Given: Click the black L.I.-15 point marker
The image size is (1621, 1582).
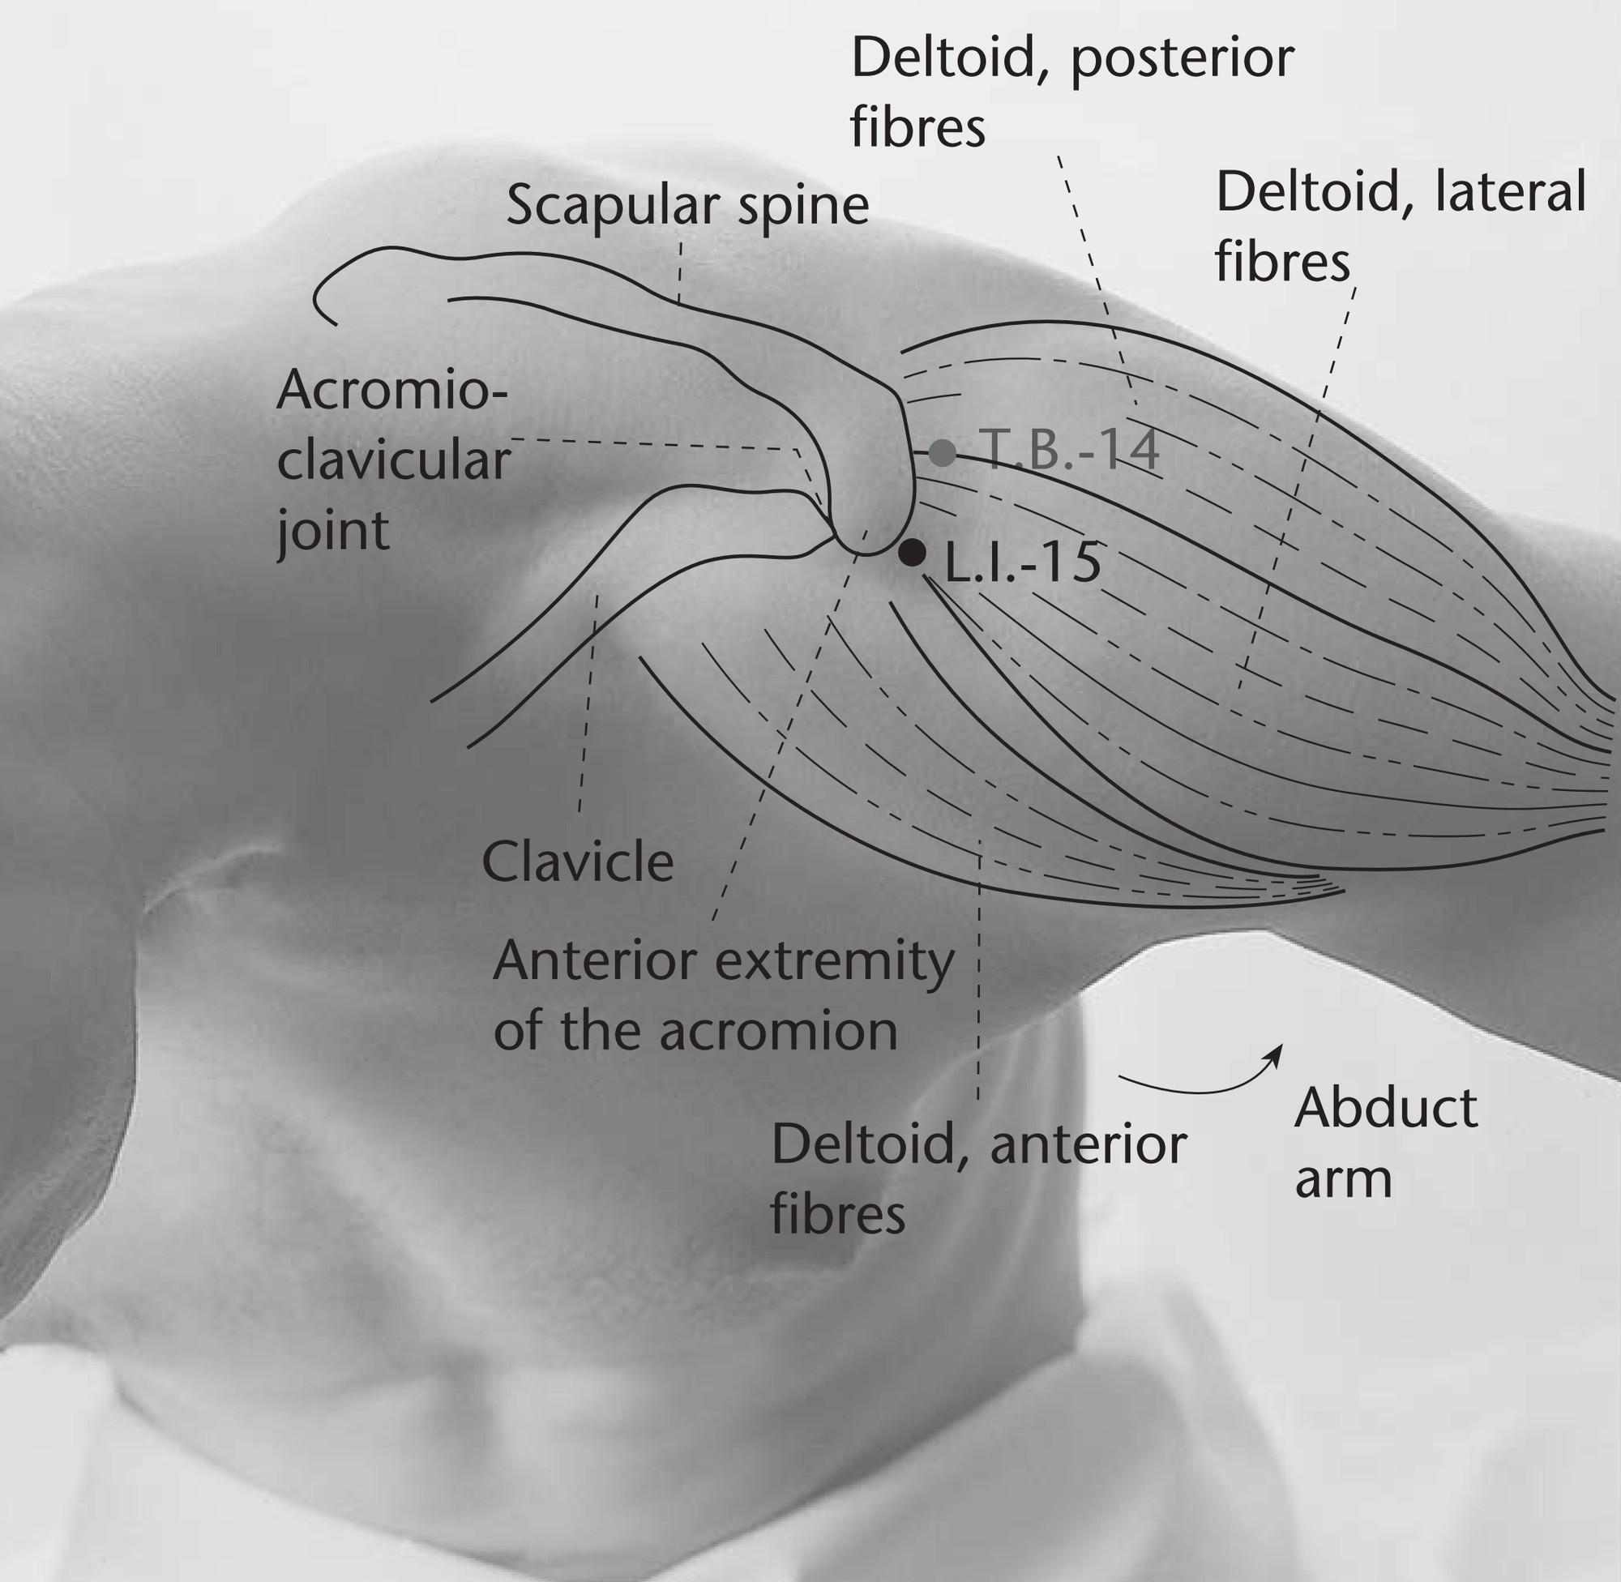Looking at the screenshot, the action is [913, 552].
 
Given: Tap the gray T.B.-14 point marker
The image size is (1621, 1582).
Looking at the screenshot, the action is [942, 453].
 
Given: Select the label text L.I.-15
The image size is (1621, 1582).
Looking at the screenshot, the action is [1023, 562].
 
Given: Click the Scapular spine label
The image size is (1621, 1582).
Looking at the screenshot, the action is [687, 207].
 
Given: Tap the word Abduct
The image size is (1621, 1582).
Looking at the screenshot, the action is [1386, 1108].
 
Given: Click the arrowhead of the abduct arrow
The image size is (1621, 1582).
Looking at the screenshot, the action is [1274, 1052].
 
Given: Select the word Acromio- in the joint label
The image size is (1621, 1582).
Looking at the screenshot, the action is [391, 390].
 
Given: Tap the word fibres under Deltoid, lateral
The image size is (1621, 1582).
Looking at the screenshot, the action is [1282, 262].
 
